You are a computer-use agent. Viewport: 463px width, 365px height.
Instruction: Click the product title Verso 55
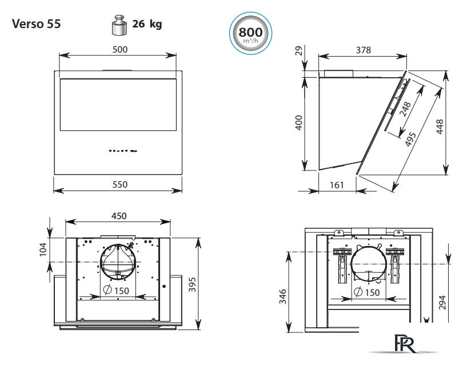(36, 24)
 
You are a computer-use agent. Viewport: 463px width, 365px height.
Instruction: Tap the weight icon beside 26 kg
(119, 25)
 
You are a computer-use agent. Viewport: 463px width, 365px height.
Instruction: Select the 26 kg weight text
(147, 24)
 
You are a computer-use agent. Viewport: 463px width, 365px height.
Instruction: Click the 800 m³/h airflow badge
(250, 33)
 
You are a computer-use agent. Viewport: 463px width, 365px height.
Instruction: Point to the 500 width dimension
(120, 49)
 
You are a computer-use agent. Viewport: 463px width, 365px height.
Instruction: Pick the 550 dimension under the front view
(120, 185)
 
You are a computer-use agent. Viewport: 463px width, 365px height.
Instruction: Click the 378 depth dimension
(363, 50)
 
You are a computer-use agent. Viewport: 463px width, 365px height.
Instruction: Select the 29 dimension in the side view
(299, 51)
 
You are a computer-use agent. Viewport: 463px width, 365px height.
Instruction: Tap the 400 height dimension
(299, 122)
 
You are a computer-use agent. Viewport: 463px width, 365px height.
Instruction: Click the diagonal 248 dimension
(405, 109)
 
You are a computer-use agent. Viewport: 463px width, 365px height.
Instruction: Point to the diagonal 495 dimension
(410, 139)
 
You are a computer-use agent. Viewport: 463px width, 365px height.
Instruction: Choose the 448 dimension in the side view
(440, 127)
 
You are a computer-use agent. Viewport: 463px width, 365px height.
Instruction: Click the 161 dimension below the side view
(337, 185)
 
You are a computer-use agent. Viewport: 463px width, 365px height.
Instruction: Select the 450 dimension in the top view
(119, 216)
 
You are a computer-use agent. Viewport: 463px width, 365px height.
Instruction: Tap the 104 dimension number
(43, 249)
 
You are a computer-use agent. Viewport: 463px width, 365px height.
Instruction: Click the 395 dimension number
(192, 284)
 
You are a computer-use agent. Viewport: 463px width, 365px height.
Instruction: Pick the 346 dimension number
(283, 296)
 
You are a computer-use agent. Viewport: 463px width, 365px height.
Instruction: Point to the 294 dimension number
(442, 302)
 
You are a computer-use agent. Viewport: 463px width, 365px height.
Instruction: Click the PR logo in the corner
(405, 344)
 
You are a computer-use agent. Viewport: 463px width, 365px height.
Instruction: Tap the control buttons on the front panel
(123, 150)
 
